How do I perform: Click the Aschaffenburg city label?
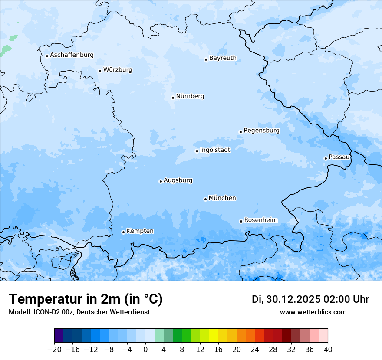[x=72, y=55]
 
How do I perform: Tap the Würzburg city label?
[x=118, y=70]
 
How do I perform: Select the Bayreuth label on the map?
[x=223, y=58]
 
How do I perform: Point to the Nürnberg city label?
[x=190, y=96]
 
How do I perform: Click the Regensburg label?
[x=261, y=131]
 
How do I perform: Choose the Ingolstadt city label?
[x=215, y=150]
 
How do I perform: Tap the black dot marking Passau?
[x=326, y=158]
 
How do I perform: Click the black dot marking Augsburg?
[x=161, y=181]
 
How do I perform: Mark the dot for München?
[x=205, y=199]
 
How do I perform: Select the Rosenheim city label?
[x=260, y=220]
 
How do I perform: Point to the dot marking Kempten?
[x=123, y=232]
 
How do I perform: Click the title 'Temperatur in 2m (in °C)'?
[x=86, y=299]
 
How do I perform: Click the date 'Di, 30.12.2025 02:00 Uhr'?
[x=310, y=299]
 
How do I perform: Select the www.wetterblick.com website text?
[x=313, y=312]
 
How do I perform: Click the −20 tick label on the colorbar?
[x=55, y=350]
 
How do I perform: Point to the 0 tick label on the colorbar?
[x=145, y=350]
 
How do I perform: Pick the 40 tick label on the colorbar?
[x=328, y=350]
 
